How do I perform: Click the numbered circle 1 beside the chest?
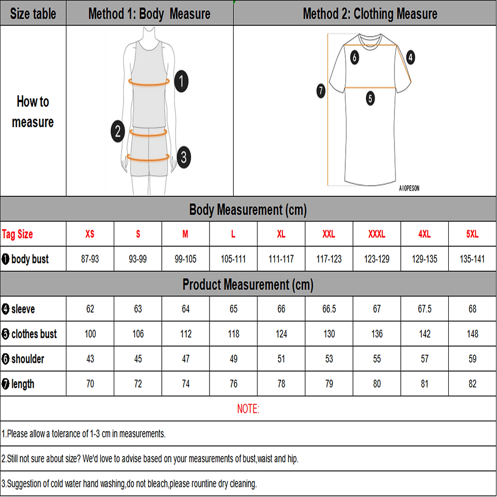182,82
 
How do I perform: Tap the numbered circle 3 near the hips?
184,157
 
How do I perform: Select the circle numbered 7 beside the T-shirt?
321,91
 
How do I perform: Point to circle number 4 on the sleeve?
410,57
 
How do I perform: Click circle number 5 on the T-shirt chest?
370,98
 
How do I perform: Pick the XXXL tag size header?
376,234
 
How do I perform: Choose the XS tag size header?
90,234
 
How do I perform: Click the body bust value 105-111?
233,259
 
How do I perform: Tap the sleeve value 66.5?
329,309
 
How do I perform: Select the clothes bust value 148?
472,334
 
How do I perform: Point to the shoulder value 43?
90,359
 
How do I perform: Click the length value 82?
472,384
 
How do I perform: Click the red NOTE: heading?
248,409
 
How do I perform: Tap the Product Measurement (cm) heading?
248,285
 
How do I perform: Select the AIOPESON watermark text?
409,188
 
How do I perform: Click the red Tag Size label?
17,234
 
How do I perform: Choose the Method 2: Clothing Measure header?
370,14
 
